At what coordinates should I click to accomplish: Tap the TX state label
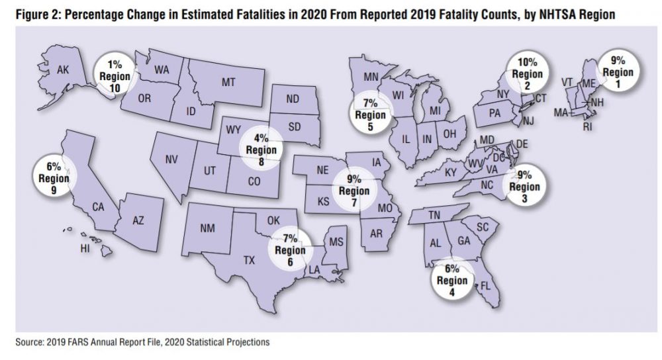249,261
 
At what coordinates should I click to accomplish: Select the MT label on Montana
228,83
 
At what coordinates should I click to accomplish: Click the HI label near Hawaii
85,249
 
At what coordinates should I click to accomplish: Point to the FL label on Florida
485,287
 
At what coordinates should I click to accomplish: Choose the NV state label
171,159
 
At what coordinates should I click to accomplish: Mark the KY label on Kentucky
451,173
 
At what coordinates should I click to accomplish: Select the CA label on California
98,207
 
